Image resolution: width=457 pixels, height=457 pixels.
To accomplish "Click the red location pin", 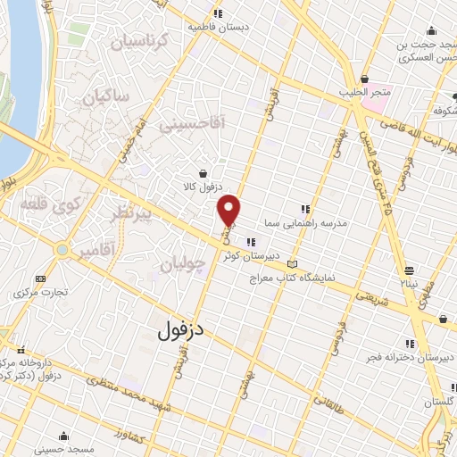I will point(229,209).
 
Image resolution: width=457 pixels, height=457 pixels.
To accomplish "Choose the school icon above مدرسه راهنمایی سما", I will point(306,209).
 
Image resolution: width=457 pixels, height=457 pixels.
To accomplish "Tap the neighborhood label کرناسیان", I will point(138,41).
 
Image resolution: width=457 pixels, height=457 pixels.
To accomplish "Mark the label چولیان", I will point(186,263).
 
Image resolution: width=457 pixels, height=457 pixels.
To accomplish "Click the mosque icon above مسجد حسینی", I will point(63,436).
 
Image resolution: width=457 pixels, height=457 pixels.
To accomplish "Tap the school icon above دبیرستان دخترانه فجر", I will point(411,344).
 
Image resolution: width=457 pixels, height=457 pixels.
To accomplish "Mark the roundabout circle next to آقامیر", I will point(61,250).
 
